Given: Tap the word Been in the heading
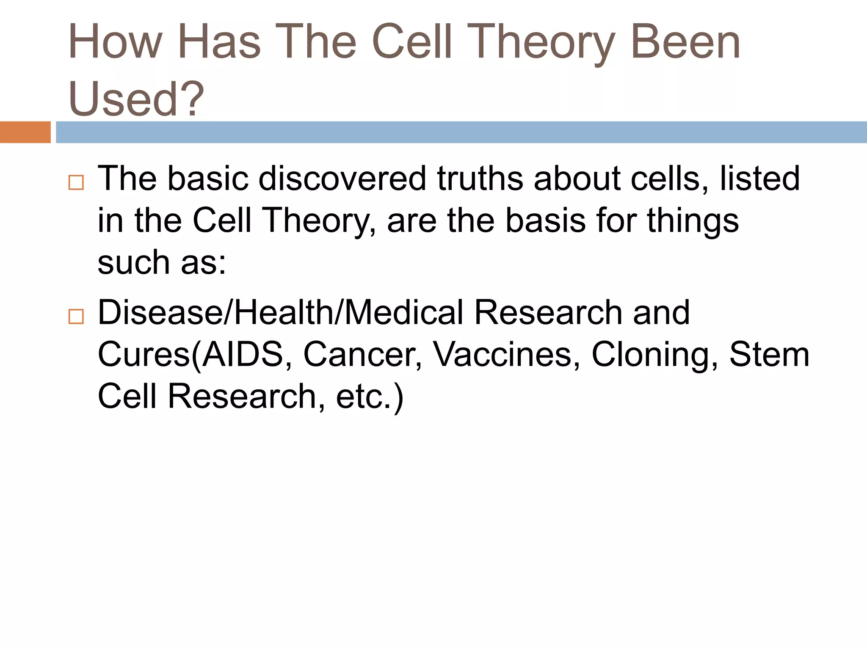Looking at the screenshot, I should click(685, 42).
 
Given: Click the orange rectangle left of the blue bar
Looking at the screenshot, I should click(25, 132).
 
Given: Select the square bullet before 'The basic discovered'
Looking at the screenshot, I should click(76, 183).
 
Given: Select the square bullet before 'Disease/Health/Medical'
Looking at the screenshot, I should click(76, 317).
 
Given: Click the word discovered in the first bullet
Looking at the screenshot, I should click(342, 179).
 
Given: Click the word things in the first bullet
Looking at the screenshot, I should click(693, 221).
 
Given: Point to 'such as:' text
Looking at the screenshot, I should click(162, 263).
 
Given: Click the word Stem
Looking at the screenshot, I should click(769, 355).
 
